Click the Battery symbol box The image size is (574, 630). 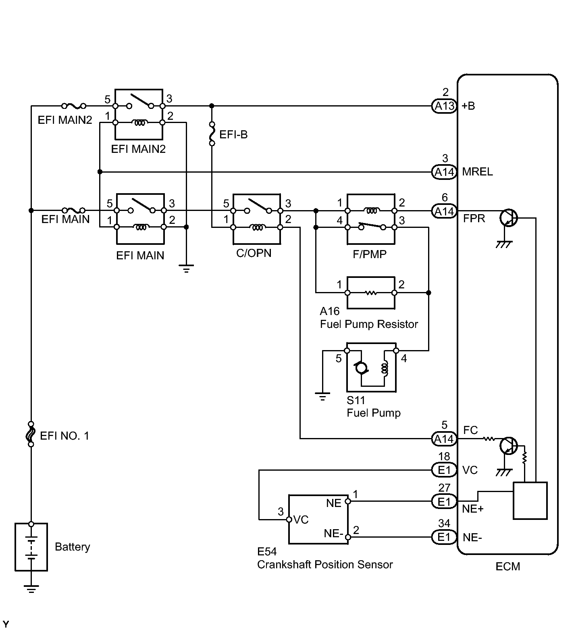pos(15,547)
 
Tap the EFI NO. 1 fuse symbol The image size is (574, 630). pos(31,434)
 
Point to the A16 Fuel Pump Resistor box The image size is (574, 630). pos(347,292)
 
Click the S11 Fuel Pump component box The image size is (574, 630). pos(347,367)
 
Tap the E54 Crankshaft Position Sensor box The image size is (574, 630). pos(289,519)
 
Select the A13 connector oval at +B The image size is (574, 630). pos(444,106)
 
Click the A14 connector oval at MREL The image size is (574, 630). pos(444,172)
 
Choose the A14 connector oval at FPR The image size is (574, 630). pos(444,211)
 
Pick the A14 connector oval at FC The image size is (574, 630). pos(444,439)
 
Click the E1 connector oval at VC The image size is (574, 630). pos(444,470)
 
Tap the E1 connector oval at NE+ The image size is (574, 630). pos(444,502)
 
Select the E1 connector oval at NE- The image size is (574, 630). pos(444,537)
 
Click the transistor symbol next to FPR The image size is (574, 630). pos(507,218)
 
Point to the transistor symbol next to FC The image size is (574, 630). pos(507,446)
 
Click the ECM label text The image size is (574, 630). pos(507,567)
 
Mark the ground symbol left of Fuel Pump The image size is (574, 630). pos(322,396)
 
